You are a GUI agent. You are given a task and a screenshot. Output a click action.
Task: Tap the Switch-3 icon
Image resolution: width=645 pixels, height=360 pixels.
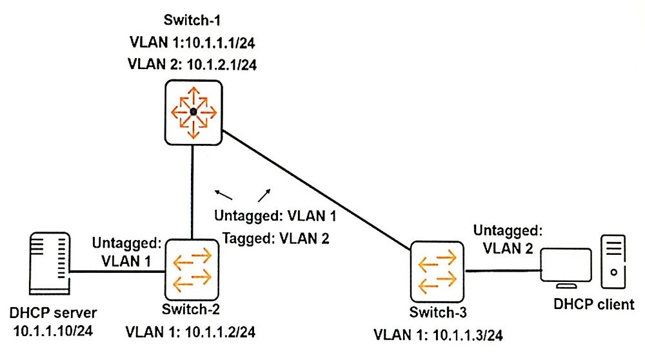437,272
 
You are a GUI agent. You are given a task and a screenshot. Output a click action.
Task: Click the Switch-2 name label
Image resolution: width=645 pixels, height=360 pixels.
191,309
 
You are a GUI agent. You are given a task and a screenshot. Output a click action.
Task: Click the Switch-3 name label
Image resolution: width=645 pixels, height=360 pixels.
437,313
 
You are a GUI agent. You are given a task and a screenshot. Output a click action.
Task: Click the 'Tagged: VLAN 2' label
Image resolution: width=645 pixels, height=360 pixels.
276,238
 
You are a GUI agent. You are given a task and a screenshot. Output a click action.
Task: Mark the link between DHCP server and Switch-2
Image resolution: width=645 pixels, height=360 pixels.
116,271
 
